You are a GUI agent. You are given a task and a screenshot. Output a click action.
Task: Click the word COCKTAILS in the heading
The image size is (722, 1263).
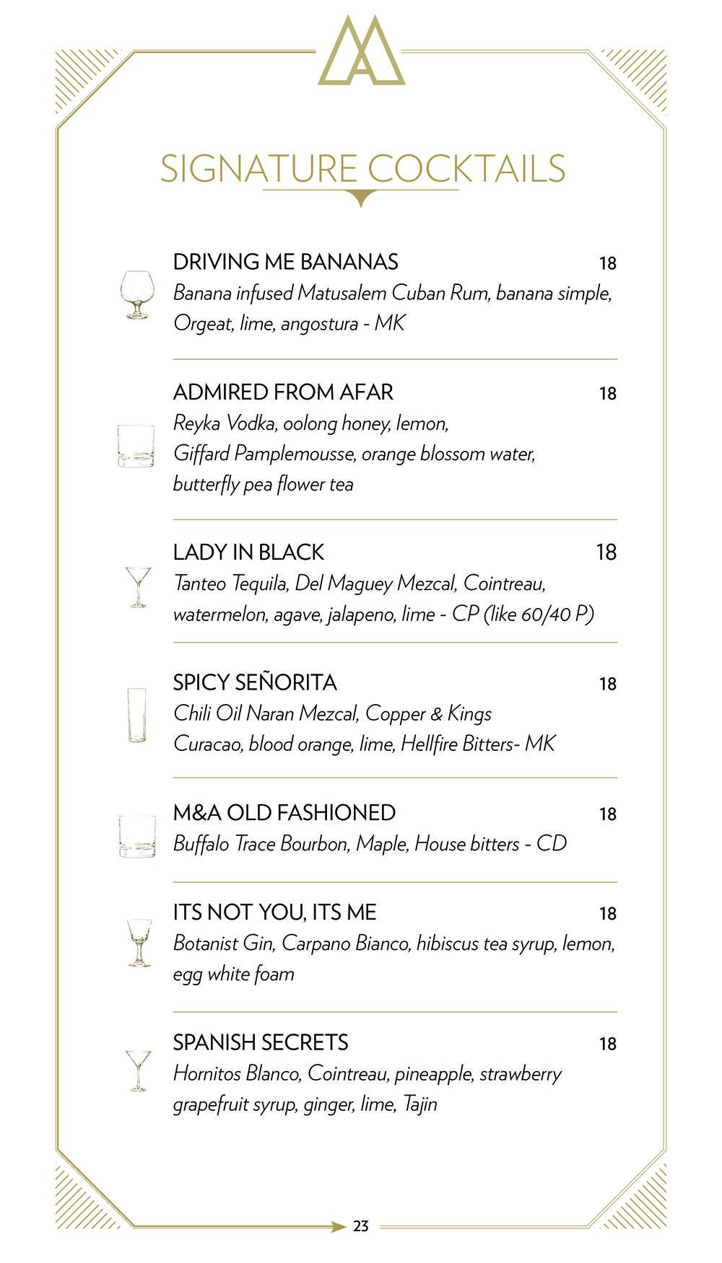(x=466, y=169)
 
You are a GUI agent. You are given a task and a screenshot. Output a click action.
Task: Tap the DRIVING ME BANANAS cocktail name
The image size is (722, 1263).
(x=285, y=262)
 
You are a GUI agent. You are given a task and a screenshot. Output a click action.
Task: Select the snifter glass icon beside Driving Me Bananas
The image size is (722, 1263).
(x=136, y=294)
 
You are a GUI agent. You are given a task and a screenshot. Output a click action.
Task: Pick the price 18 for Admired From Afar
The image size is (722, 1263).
(x=607, y=394)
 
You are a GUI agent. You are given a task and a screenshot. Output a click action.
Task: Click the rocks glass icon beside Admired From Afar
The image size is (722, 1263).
(x=136, y=446)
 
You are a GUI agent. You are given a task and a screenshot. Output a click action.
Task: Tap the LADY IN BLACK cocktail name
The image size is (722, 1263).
(x=248, y=553)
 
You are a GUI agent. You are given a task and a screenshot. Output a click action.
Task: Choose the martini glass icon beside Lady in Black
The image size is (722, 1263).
(x=138, y=586)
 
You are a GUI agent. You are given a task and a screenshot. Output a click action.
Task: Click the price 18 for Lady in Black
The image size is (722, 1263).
(x=606, y=553)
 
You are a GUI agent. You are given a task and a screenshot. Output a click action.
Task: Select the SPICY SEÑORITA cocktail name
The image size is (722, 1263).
(x=255, y=682)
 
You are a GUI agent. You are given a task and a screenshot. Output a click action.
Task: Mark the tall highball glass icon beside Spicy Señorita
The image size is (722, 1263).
(x=136, y=715)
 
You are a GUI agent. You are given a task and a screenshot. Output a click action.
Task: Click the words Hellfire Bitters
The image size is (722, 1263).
(x=456, y=744)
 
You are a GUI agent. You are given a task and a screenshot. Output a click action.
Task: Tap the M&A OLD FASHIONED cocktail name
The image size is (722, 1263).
(x=284, y=813)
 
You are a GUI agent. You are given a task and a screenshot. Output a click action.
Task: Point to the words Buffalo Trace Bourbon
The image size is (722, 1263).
(x=261, y=844)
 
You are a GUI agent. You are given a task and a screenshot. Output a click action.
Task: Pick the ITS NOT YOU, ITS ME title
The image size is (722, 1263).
(x=274, y=912)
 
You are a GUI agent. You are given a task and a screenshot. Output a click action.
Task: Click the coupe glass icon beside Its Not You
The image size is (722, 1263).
(x=139, y=942)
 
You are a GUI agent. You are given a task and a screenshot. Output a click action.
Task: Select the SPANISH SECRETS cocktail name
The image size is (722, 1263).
(x=260, y=1042)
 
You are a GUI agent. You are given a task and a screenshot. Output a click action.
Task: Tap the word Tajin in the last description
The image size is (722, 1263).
(x=419, y=1104)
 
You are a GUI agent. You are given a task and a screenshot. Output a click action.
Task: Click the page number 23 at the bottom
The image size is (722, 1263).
(x=361, y=1225)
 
